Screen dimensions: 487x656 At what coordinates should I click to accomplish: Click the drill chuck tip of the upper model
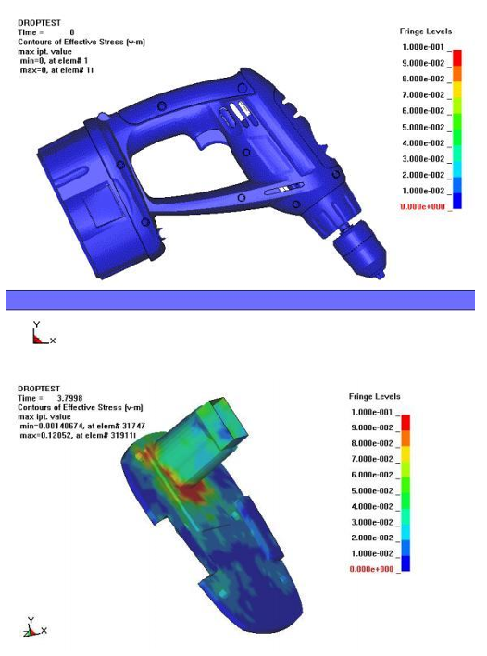click(x=381, y=275)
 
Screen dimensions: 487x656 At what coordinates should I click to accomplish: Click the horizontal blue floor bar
click(x=240, y=300)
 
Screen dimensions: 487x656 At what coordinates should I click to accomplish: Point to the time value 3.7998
click(x=69, y=398)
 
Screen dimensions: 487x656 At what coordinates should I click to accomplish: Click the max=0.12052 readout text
click(x=78, y=435)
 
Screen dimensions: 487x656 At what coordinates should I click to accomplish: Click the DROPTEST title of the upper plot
click(x=39, y=23)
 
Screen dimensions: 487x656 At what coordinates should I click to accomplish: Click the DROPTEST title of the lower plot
click(x=39, y=389)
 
